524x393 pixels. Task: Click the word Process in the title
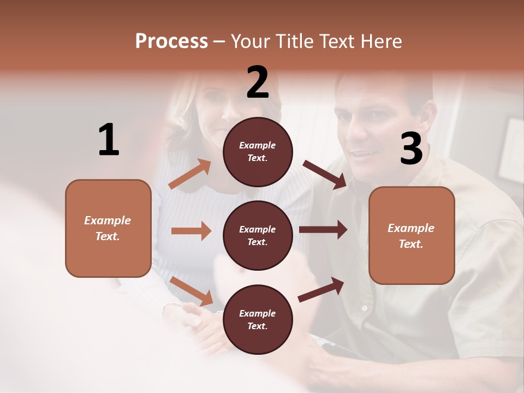(x=171, y=41)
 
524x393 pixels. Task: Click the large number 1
(x=109, y=140)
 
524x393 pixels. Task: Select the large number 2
(x=258, y=82)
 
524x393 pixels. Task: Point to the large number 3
(x=411, y=148)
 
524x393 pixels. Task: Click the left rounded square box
(x=108, y=228)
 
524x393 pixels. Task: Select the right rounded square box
(x=412, y=235)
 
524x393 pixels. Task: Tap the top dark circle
(x=258, y=152)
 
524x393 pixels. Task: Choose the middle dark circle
(x=258, y=235)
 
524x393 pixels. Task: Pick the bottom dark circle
(x=258, y=319)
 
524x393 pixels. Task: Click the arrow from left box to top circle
(x=190, y=174)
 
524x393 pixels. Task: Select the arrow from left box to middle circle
(x=191, y=231)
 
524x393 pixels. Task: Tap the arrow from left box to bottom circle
(x=191, y=290)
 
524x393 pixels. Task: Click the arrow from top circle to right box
(x=325, y=174)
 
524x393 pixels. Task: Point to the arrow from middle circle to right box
(x=323, y=230)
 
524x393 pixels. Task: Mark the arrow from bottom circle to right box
(x=321, y=290)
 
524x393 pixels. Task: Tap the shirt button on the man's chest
(x=365, y=308)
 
